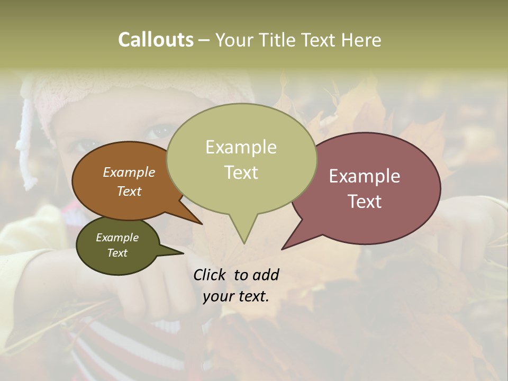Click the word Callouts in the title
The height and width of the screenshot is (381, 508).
pyautogui.click(x=156, y=40)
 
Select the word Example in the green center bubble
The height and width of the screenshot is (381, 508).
pyautogui.click(x=241, y=147)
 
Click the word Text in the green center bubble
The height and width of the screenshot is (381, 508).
pyautogui.click(x=241, y=173)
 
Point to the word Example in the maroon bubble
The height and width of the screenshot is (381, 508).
pyautogui.click(x=365, y=176)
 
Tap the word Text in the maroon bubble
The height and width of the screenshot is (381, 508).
pyautogui.click(x=365, y=202)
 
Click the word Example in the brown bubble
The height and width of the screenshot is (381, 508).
pyautogui.click(x=129, y=172)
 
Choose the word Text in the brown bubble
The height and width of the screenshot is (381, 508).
pyautogui.click(x=129, y=191)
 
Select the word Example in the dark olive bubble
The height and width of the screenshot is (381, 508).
pyautogui.click(x=117, y=238)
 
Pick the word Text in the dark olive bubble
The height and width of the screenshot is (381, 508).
pyautogui.click(x=117, y=253)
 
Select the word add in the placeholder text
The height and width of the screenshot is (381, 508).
pyautogui.click(x=266, y=275)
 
